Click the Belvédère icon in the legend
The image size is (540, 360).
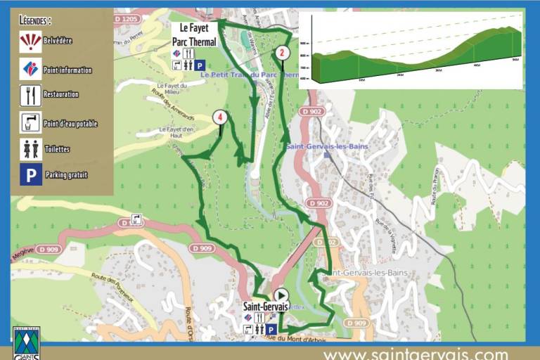[x=30, y=41]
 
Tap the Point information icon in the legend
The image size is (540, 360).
[x=30, y=69]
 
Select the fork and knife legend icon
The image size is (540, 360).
[x=30, y=95]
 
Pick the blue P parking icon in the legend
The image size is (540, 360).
[x=30, y=174]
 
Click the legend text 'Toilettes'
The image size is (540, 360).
[x=56, y=149]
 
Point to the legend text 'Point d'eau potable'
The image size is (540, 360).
[x=70, y=124]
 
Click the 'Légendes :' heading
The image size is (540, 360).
[x=35, y=20]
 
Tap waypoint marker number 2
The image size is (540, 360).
[x=282, y=51]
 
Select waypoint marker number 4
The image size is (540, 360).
[x=221, y=117]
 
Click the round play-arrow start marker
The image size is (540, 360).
[x=281, y=295]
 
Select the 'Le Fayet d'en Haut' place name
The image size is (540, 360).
[x=175, y=132]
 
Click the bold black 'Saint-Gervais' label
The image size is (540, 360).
[x=266, y=307]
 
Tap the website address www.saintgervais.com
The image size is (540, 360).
[x=415, y=353]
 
